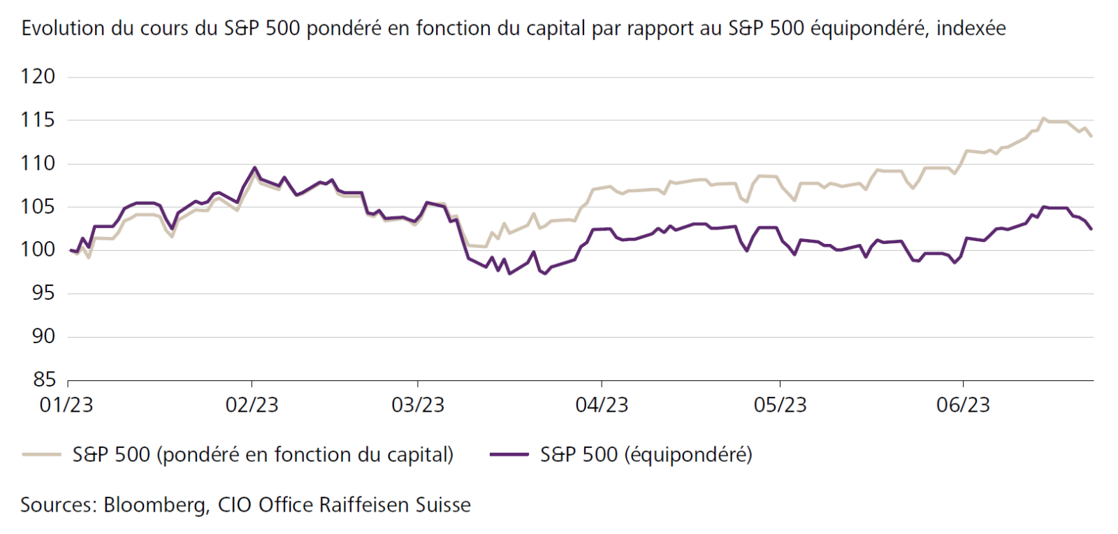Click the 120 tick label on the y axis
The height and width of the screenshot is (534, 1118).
38,76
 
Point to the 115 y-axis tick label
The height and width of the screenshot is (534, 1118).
38,120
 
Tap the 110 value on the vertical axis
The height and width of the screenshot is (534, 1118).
38,163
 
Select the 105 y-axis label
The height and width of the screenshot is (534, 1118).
38,206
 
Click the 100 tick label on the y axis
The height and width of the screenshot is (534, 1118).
38,250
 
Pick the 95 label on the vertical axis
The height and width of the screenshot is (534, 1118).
43,292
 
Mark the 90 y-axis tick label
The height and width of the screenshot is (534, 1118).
43,335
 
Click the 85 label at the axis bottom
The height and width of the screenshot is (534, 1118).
43,379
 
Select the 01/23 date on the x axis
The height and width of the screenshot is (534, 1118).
66,405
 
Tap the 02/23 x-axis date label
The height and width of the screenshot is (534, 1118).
252,405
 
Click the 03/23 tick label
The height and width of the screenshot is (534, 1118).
418,405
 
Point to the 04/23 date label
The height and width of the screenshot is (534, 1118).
602,405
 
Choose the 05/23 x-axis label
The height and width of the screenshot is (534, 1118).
780,405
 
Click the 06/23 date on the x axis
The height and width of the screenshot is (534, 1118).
963,405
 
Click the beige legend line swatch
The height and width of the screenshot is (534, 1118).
41,454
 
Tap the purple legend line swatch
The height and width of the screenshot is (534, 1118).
509,454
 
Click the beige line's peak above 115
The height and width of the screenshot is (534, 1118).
1043,118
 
